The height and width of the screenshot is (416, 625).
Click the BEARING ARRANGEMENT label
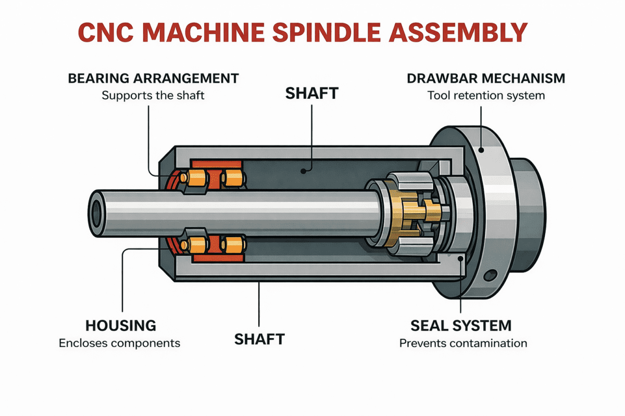tap(153, 79)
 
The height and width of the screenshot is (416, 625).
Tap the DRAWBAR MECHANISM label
tap(485, 79)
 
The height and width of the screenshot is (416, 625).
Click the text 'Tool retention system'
tap(485, 96)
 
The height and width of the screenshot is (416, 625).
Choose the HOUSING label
tap(120, 326)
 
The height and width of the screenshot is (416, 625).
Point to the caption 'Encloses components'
tap(119, 343)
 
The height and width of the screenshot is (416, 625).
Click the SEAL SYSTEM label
tap(461, 326)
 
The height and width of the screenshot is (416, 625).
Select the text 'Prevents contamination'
tap(463, 343)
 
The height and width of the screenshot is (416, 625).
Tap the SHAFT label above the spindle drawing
tap(312, 94)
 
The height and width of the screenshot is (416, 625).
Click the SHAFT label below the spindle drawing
tap(259, 339)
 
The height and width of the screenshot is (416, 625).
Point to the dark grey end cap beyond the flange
tap(526, 213)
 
